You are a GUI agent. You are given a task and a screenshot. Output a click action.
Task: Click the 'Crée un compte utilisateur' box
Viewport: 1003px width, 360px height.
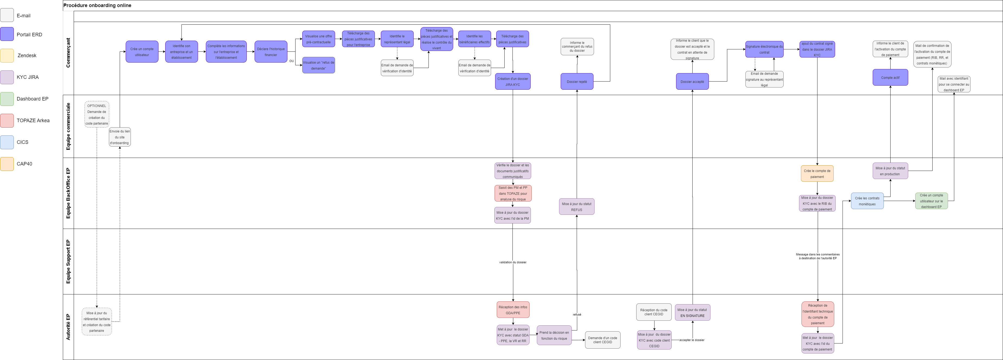click(142, 52)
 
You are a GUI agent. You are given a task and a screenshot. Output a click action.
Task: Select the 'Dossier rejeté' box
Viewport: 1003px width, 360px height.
click(577, 82)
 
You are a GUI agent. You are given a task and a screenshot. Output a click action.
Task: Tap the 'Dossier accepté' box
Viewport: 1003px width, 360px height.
click(692, 82)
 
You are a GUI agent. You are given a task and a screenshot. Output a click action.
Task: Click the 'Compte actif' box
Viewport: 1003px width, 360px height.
click(890, 77)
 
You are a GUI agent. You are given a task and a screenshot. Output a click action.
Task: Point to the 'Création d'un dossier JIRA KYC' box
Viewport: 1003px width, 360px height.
click(512, 82)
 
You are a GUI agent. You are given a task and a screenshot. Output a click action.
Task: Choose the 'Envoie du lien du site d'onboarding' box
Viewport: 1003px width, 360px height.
click(119, 137)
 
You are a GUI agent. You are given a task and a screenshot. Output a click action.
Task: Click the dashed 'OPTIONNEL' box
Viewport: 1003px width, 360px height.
click(96, 114)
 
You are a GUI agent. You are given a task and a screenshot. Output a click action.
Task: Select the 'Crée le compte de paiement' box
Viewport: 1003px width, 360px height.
click(817, 174)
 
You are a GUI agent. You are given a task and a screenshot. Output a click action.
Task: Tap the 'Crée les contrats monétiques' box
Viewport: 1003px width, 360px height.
click(867, 201)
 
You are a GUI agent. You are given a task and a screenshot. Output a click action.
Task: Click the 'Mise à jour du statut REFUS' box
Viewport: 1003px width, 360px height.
click(576, 207)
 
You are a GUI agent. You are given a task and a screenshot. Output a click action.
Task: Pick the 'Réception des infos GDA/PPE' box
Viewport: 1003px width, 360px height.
click(513, 310)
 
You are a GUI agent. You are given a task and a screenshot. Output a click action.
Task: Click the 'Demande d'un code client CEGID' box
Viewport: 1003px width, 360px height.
click(602, 340)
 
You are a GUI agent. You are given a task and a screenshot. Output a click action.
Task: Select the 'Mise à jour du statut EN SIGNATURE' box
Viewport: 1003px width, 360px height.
click(692, 313)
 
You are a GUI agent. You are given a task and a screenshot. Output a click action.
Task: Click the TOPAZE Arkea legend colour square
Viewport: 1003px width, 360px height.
click(7, 121)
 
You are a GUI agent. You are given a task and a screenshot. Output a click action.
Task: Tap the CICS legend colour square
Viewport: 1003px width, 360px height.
click(7, 142)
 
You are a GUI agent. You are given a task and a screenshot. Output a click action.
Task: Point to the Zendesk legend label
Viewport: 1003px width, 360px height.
click(27, 56)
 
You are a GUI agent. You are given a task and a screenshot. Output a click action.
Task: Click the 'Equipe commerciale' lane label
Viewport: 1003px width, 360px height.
click(69, 127)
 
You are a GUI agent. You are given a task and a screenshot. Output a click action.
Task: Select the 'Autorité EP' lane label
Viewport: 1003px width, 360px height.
click(69, 327)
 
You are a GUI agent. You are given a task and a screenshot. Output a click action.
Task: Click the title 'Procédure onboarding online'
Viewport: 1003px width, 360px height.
click(97, 5)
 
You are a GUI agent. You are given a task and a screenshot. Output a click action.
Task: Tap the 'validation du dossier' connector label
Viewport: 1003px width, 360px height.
click(512, 262)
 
